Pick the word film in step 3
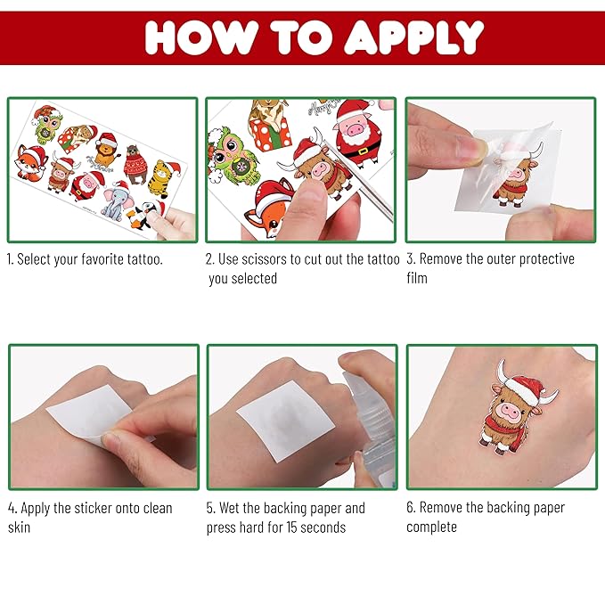[417, 278]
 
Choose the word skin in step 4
[20, 527]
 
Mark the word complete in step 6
[432, 527]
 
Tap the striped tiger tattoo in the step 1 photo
[161, 177]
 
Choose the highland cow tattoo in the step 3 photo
[510, 177]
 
